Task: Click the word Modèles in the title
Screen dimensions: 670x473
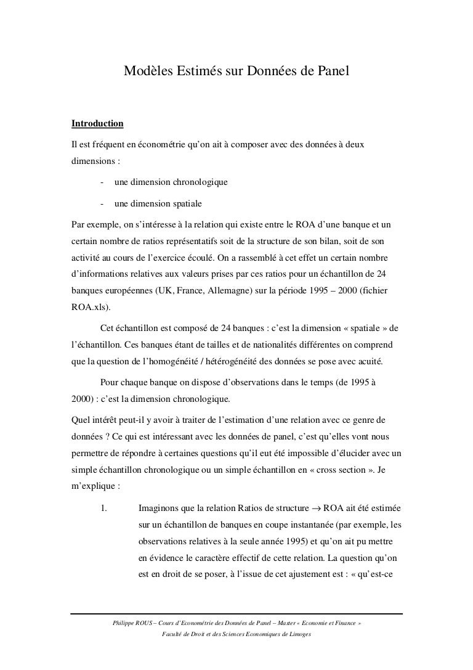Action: coord(146,71)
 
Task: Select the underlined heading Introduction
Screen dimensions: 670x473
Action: coord(98,124)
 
